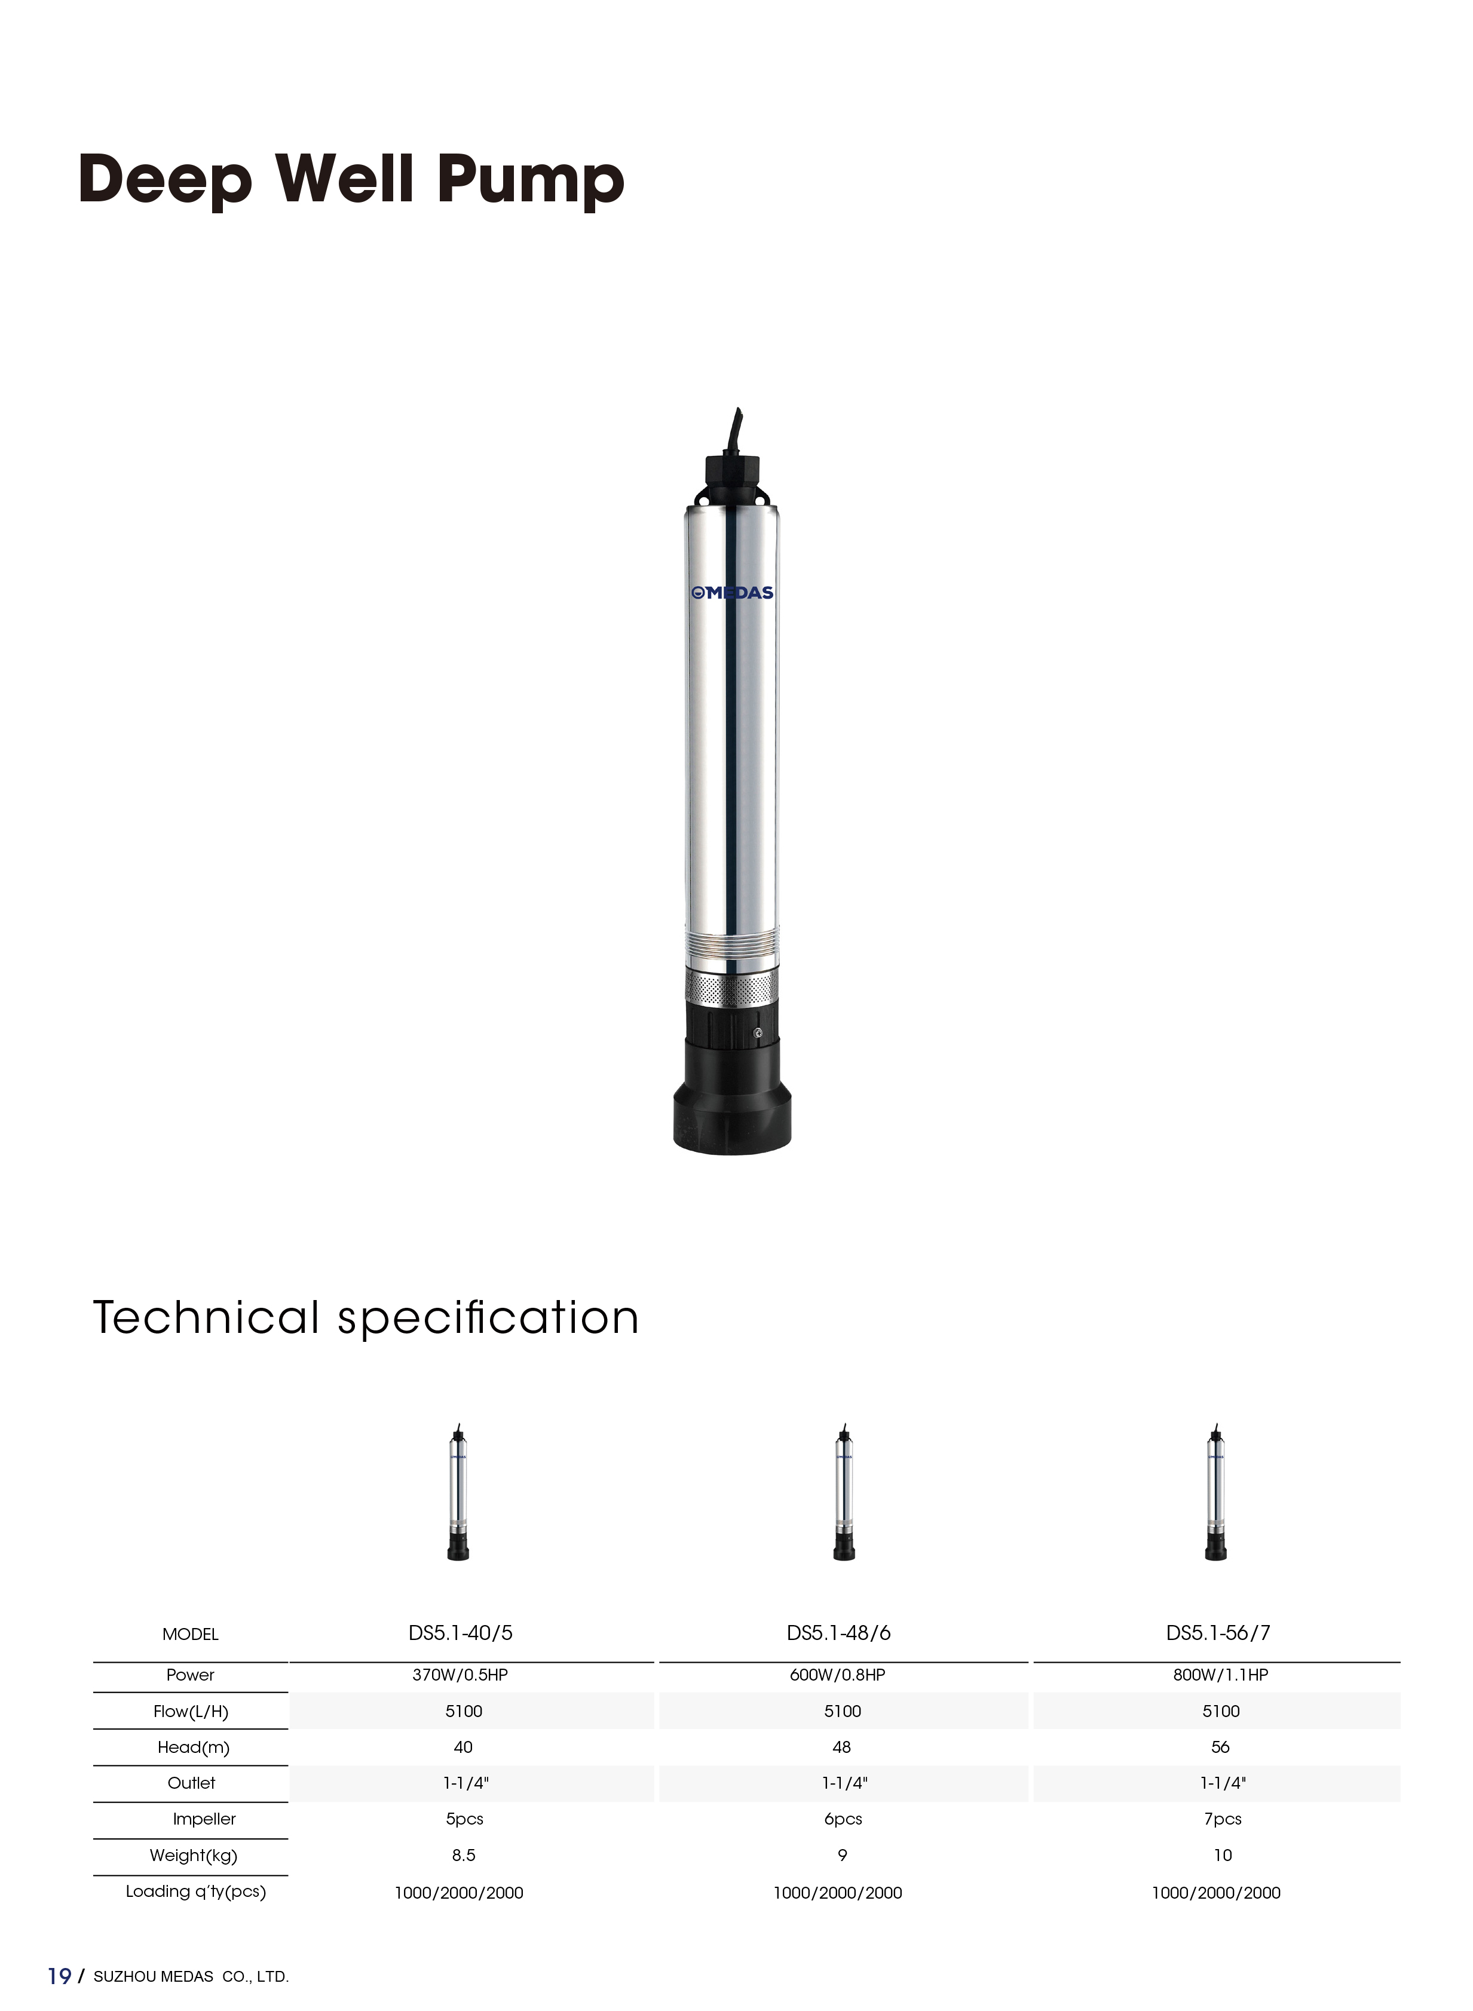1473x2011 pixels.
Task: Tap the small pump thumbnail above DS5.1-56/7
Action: [x=1216, y=1491]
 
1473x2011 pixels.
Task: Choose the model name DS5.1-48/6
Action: [x=838, y=1633]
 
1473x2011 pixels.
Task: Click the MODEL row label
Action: [x=190, y=1634]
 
